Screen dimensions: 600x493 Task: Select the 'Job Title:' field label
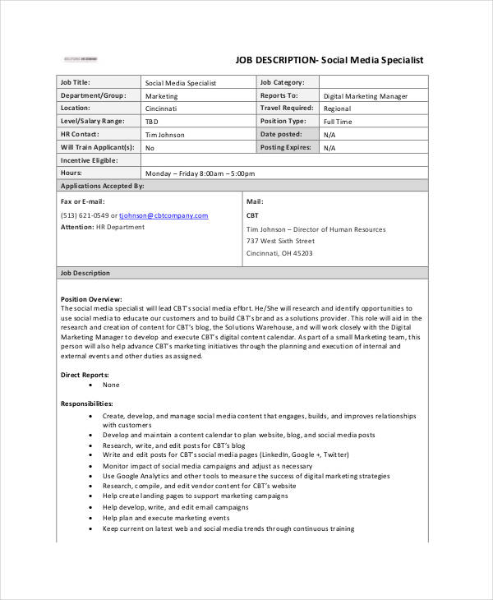coord(76,82)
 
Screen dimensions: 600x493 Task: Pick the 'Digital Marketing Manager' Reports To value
coord(365,95)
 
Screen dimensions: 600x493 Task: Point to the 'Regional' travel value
coord(337,108)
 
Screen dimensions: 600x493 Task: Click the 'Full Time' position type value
coord(338,122)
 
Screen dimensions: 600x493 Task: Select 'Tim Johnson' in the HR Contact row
coord(164,135)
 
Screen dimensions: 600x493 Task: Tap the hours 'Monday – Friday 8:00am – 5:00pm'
coord(200,173)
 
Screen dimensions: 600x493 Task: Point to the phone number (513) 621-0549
coord(88,215)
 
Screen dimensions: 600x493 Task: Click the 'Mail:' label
coord(255,201)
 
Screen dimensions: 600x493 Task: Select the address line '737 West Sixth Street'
coord(280,242)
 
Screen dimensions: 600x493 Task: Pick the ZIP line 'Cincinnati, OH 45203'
coord(279,253)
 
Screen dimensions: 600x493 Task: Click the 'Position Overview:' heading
coord(91,298)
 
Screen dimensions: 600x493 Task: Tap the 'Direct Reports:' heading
coord(85,374)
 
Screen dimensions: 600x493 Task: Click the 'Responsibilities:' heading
coord(86,404)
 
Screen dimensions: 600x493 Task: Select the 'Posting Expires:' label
coord(285,147)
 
